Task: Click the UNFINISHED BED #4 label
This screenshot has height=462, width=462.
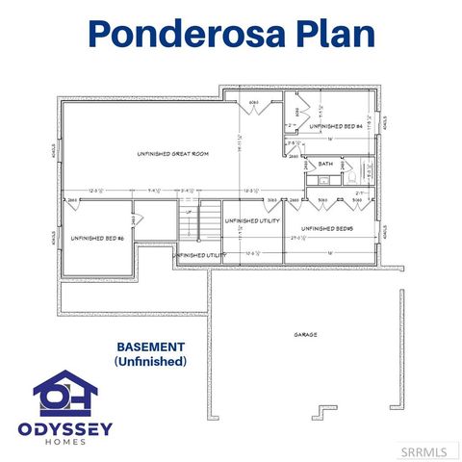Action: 336,126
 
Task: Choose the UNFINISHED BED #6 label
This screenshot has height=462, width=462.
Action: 95,237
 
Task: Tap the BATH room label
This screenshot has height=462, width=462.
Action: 325,165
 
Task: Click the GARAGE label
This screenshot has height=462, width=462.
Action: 306,335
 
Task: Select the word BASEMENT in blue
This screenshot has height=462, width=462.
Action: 150,346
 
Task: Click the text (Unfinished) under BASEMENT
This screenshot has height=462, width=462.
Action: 150,362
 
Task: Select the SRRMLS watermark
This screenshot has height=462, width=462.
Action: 433,450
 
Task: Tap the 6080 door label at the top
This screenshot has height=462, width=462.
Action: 254,102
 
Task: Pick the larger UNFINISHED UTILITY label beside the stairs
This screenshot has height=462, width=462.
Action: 252,221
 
